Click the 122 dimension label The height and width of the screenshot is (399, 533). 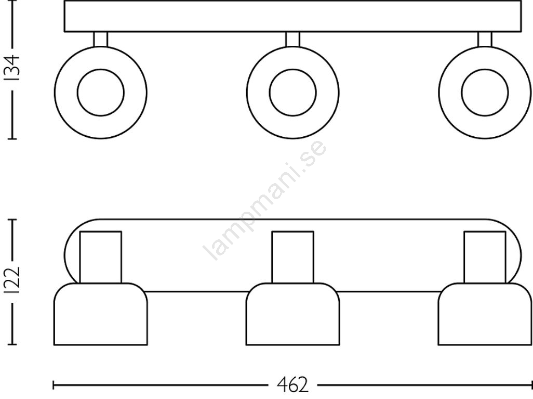pyautogui.click(x=14, y=281)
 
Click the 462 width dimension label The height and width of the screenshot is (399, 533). pyautogui.click(x=293, y=385)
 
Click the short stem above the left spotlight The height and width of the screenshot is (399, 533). pyautogui.click(x=101, y=39)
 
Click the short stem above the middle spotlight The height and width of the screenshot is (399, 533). pyautogui.click(x=292, y=39)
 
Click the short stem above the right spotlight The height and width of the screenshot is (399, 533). pyautogui.click(x=485, y=39)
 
